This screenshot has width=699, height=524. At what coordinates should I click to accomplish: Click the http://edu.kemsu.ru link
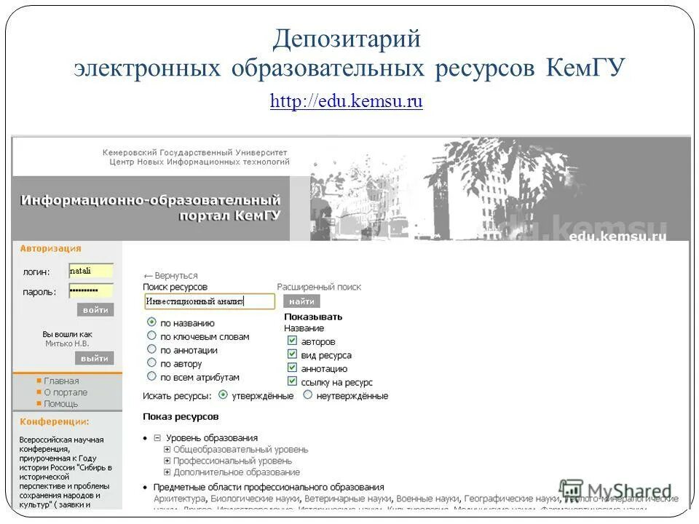click(x=346, y=102)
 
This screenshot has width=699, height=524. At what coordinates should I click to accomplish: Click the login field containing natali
click(x=91, y=271)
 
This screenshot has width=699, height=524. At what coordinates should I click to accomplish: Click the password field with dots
click(x=91, y=290)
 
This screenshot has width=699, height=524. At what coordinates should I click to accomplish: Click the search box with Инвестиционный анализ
click(x=210, y=301)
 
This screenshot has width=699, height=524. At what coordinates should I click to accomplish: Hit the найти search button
click(x=301, y=301)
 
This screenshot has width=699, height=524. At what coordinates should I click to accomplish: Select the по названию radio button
click(x=151, y=322)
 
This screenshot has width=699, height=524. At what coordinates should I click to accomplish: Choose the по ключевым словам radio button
click(x=151, y=336)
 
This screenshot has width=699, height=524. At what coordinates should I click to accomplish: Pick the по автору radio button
click(x=151, y=362)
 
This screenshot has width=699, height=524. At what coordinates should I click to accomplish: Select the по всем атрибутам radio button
click(x=151, y=376)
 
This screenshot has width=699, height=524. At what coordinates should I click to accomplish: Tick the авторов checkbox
click(x=292, y=341)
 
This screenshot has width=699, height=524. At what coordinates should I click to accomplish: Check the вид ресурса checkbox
click(x=292, y=354)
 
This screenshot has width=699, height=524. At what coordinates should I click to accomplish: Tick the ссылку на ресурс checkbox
click(x=292, y=381)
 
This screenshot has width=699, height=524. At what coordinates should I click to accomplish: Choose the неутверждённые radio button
click(x=308, y=395)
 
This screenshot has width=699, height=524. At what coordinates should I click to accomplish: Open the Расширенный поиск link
click(x=319, y=287)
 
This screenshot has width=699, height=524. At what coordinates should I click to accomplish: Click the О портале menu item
click(x=66, y=392)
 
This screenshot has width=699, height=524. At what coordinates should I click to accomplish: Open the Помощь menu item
click(x=60, y=403)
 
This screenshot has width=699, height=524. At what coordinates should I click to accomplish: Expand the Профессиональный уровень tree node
click(x=167, y=461)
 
